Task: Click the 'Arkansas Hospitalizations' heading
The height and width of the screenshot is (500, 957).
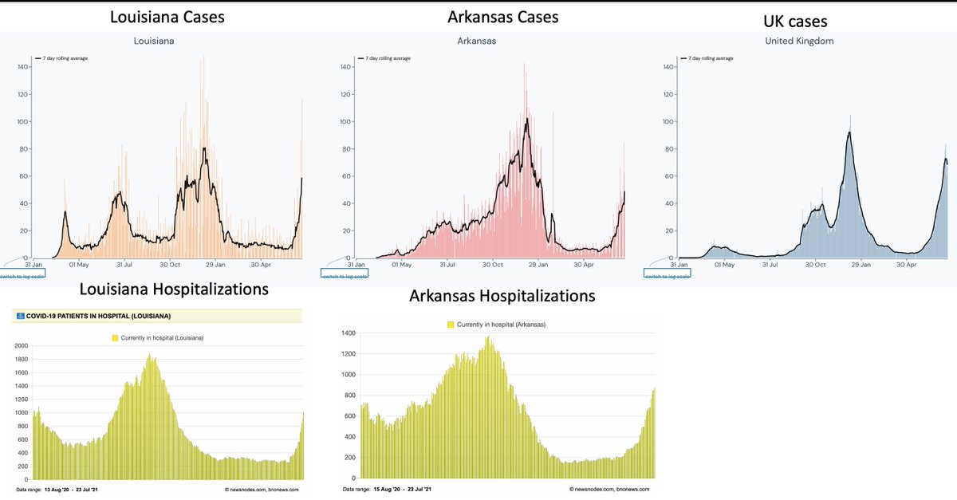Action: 502,296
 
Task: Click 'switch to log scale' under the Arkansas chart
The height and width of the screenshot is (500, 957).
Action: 344,274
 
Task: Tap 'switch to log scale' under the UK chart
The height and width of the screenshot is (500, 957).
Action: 667,274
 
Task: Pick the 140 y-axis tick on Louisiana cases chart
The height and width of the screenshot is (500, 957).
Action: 23,67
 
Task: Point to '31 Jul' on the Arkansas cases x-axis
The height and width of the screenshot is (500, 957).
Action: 447,264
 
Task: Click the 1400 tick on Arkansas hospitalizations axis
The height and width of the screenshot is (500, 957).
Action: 349,332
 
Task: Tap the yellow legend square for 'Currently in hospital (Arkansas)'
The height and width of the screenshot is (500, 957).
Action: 451,325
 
